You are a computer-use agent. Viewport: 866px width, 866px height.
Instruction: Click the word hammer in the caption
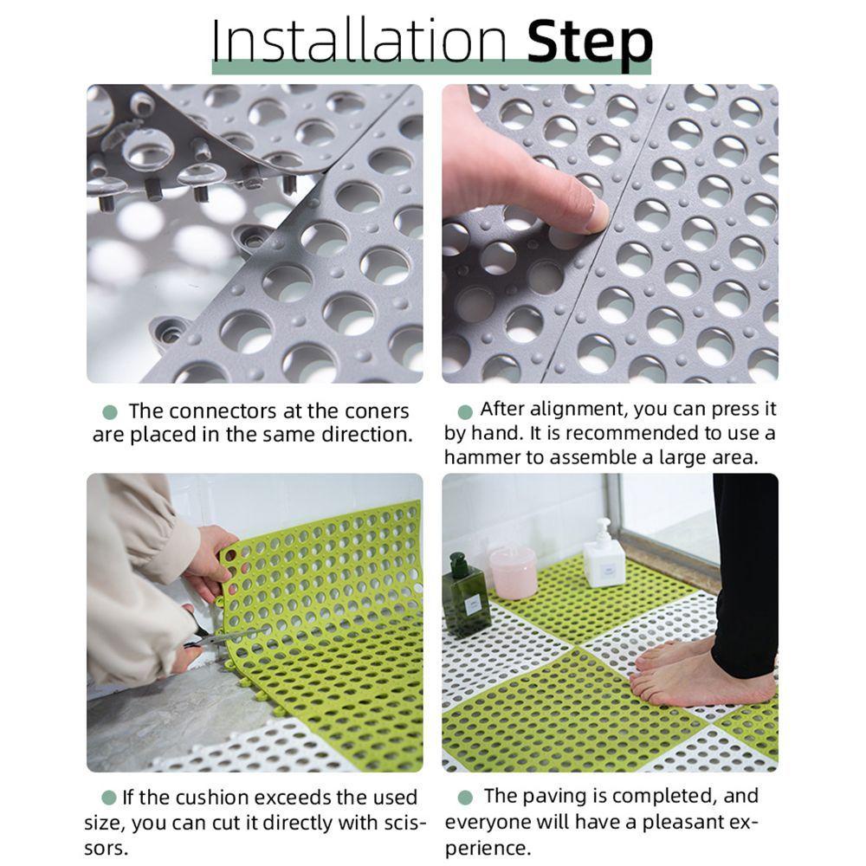[479, 457]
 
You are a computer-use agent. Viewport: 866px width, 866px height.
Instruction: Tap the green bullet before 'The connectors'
[111, 412]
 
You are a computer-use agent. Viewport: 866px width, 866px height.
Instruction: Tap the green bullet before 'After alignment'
[465, 412]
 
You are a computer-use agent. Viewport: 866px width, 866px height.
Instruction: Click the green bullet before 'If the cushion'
[109, 798]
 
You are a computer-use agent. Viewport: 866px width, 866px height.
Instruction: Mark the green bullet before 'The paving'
[465, 798]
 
